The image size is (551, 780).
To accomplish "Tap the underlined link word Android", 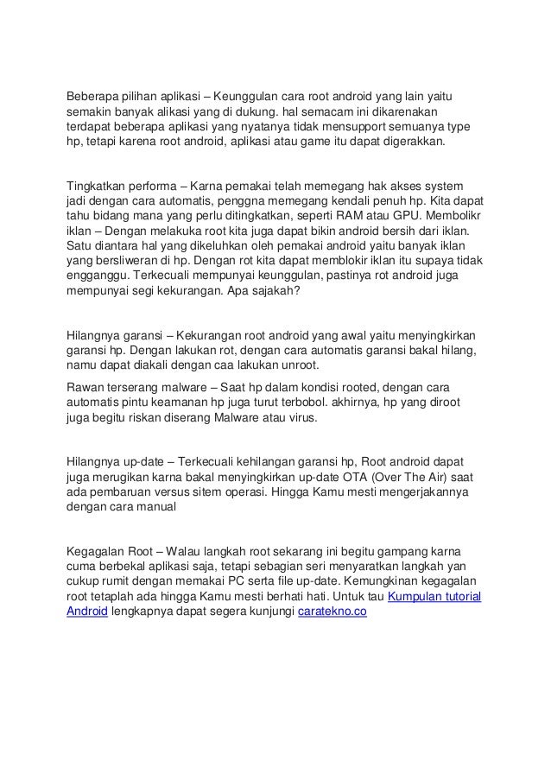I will coord(87,612).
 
